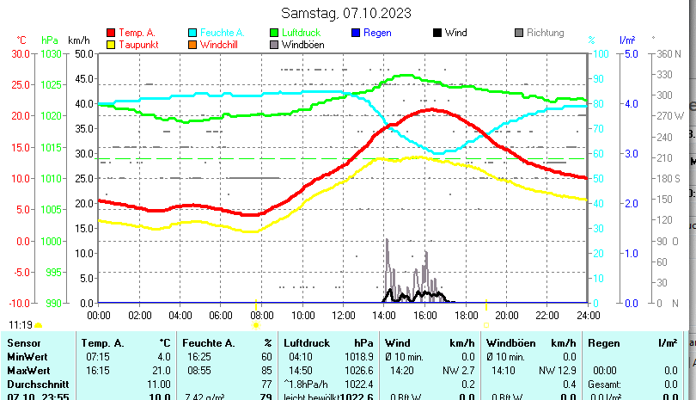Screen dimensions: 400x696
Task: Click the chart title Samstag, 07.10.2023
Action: [346, 13]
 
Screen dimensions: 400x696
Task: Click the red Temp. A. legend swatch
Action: [111, 33]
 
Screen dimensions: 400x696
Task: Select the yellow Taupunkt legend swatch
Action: [111, 45]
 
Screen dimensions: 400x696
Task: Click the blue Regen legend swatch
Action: [355, 33]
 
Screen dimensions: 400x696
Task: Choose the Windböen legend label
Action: [302, 45]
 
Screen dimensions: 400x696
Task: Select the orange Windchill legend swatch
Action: [192, 45]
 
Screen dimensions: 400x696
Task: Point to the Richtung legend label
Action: [546, 33]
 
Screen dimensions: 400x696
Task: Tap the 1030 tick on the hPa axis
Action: [51, 53]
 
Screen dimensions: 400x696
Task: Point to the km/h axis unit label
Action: [78, 40]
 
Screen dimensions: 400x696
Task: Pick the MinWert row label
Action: [27, 357]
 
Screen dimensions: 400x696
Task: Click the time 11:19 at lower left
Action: [21, 324]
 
